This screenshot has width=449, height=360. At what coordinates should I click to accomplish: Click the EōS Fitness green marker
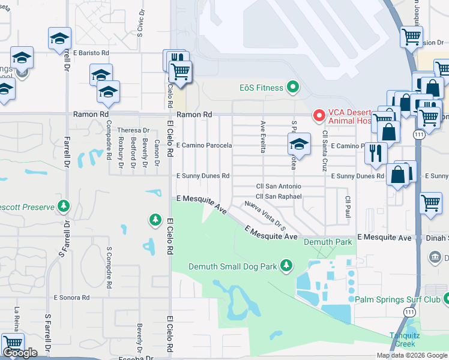[293, 88]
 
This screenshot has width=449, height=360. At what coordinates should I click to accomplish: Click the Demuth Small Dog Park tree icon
[287, 266]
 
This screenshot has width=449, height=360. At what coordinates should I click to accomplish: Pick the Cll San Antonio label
[279, 187]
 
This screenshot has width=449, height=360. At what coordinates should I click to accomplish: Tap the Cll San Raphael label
[279, 196]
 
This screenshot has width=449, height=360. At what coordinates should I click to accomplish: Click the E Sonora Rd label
[71, 297]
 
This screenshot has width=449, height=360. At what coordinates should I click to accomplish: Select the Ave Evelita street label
[263, 137]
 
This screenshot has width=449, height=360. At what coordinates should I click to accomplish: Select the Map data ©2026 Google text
[412, 355]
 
